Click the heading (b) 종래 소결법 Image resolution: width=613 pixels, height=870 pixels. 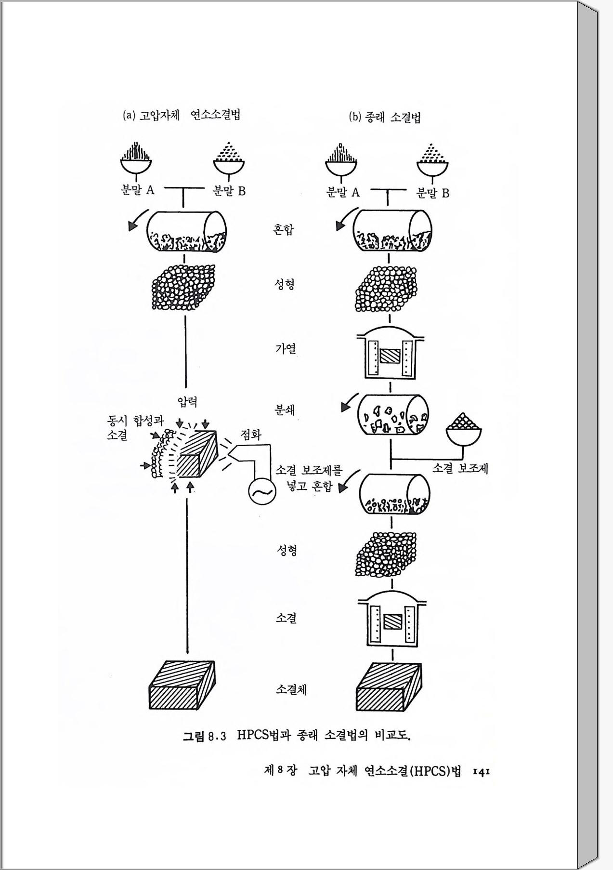pos(384,117)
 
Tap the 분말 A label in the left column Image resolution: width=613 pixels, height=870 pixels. pos(137,190)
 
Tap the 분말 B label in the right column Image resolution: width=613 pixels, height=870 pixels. pos(432,193)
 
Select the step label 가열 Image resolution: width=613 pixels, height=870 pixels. pos(286,348)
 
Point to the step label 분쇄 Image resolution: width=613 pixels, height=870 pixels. pos(285,410)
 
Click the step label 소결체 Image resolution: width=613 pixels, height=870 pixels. pos(291,689)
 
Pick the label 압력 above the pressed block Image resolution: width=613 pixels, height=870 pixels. pos(187,402)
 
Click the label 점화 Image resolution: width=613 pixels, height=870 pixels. pos(250,435)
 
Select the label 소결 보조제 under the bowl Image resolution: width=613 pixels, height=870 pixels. pos(460,468)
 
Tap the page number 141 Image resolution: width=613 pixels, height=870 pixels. pos(481,772)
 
